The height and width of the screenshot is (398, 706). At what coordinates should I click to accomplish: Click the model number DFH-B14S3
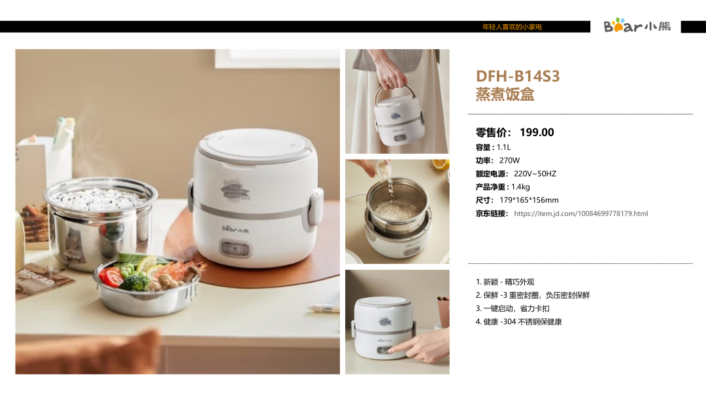pos(518,76)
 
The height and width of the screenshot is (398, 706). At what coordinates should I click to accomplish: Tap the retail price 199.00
pos(537,132)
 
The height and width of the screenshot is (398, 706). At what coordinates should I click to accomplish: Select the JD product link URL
pos(581,213)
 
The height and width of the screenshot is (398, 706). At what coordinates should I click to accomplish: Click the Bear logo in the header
pos(637,26)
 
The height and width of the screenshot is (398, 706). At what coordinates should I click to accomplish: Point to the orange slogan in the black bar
pos(512,27)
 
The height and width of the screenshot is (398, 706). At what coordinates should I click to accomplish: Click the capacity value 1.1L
pos(503,147)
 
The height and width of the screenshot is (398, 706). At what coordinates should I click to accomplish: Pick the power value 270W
pos(509,160)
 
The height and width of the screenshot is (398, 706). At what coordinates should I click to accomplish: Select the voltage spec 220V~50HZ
pos(535,173)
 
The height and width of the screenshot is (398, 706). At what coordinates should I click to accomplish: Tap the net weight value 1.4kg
pos(520,187)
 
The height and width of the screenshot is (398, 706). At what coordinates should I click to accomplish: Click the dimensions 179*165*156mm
pos(529,200)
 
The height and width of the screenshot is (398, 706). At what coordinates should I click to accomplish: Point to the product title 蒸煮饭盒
pos(505,94)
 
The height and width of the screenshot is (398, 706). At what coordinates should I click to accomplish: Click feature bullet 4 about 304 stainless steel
pos(518,322)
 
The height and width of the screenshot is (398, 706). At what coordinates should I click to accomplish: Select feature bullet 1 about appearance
pos(505,282)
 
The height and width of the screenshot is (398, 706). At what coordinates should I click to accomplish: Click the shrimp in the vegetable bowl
pos(178,270)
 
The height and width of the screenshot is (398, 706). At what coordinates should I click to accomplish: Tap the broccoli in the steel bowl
pos(135,282)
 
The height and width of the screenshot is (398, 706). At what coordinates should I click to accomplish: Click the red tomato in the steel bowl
pos(109,276)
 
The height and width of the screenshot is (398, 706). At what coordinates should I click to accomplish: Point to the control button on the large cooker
pos(235,249)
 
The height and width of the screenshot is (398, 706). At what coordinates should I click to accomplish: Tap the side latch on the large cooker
pos(315,208)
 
